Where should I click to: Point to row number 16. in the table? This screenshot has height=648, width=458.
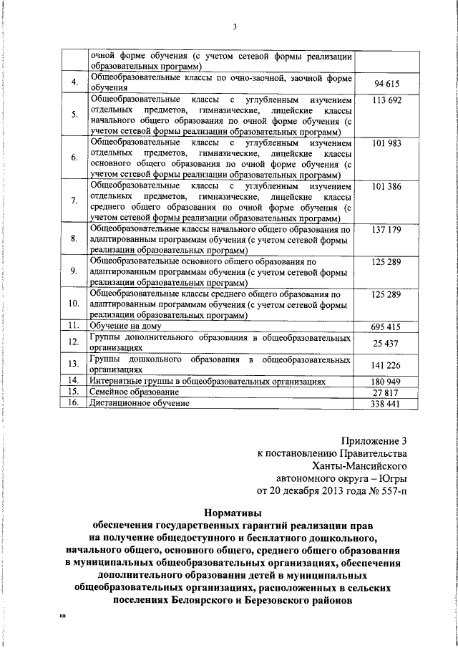(72, 404)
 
